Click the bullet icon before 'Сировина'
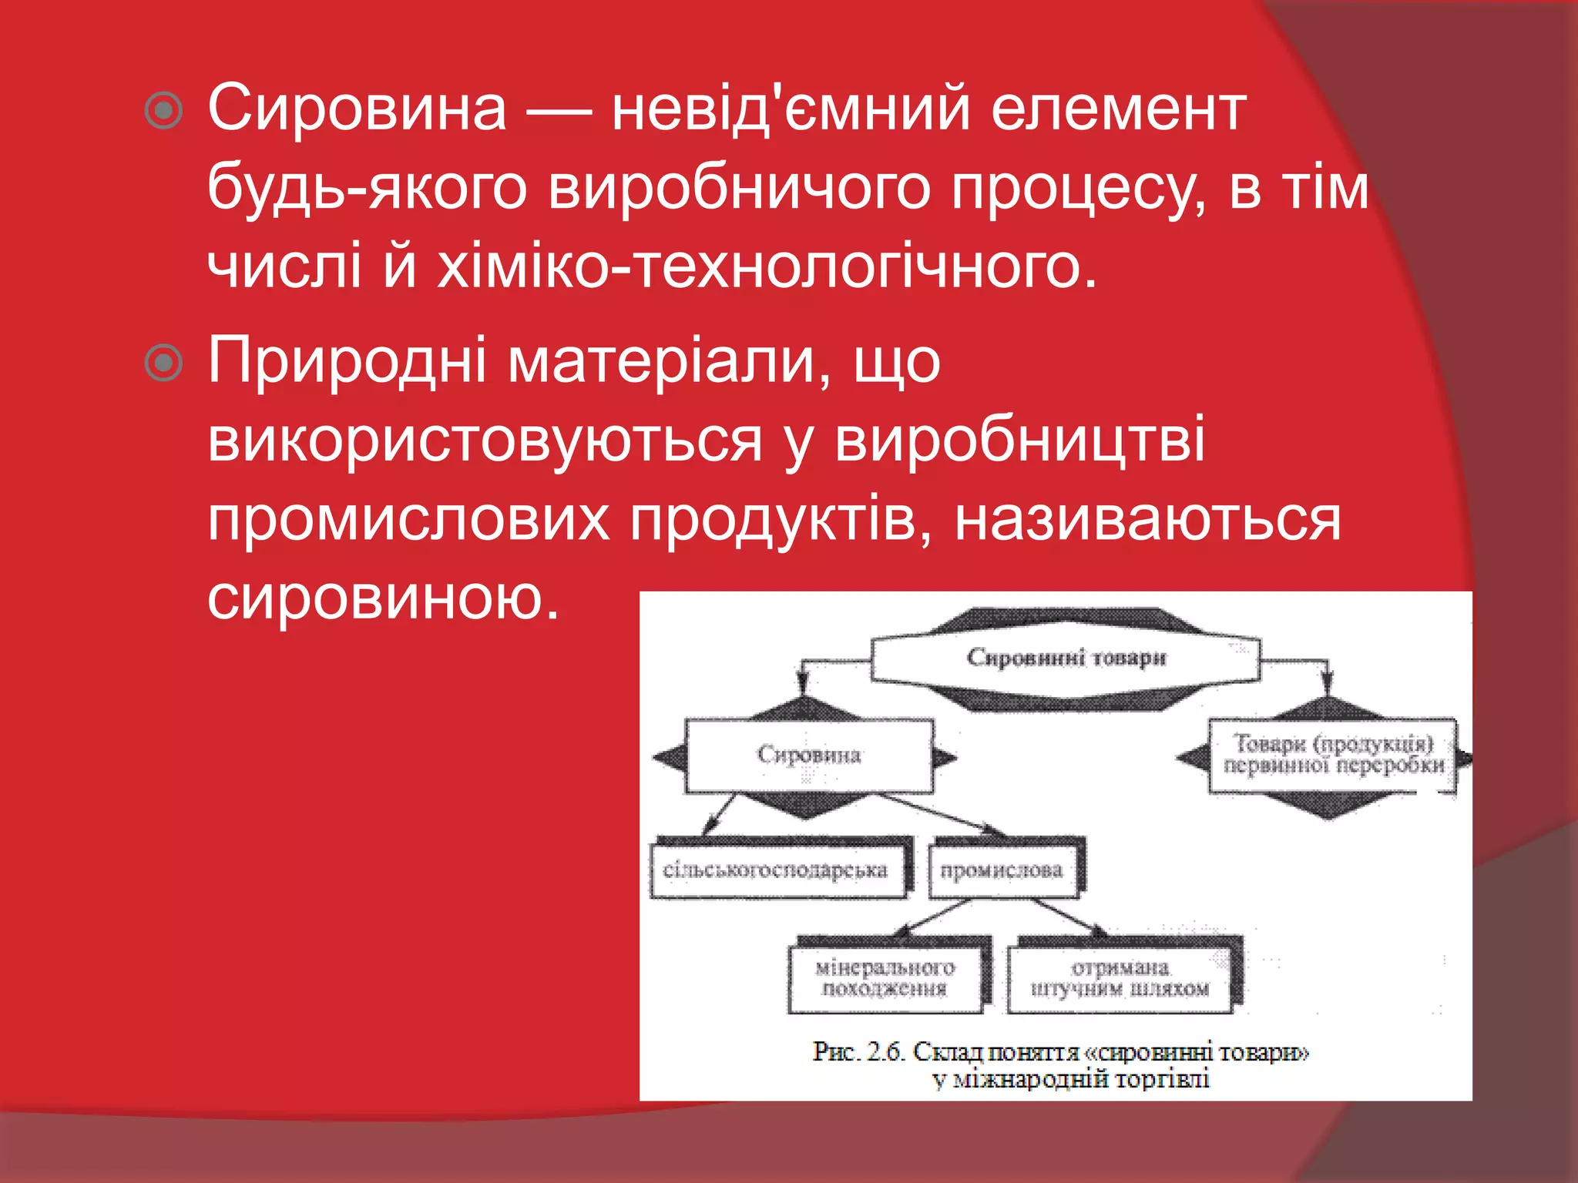click(x=164, y=111)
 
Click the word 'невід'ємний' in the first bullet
click(x=790, y=109)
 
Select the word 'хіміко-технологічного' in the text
click(x=767, y=267)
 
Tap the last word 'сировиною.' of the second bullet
click(x=383, y=598)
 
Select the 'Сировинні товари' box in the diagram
click(x=1066, y=658)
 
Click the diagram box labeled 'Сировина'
click(x=808, y=755)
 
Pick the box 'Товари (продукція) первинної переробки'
click(x=1333, y=755)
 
